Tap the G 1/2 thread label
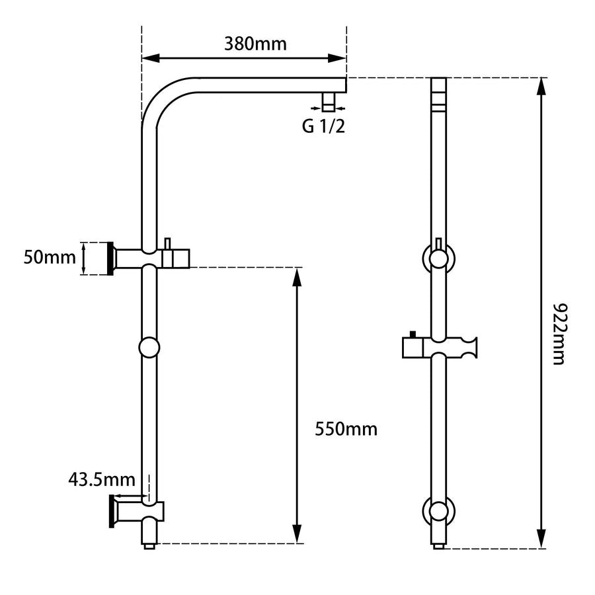click(323, 126)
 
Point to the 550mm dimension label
click(346, 430)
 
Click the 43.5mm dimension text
click(102, 478)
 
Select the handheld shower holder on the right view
click(439, 348)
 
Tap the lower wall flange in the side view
click(112, 512)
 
